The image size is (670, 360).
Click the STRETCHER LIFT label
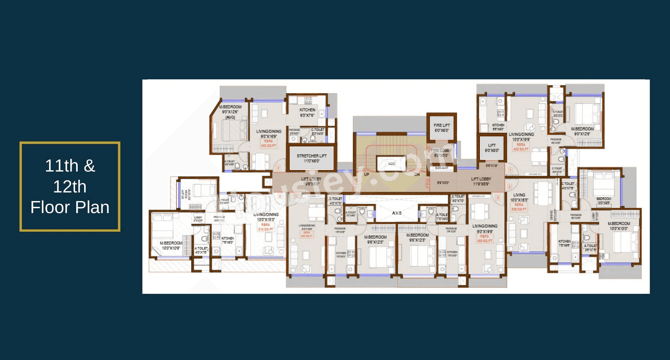(312, 158)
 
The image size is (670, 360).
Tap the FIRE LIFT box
(441, 128)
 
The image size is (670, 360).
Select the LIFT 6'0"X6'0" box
(492, 148)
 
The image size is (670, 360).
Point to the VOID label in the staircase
(391, 164)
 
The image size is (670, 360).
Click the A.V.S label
(397, 213)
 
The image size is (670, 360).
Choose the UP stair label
(367, 174)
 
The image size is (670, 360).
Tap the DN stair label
(417, 174)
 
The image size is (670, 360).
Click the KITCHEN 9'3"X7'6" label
(307, 112)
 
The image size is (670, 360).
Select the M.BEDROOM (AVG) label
(230, 112)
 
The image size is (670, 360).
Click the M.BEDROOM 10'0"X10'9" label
(171, 245)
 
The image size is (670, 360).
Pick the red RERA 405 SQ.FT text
(268, 143)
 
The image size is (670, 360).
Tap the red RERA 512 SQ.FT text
(265, 227)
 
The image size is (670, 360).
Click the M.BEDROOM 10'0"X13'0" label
(619, 226)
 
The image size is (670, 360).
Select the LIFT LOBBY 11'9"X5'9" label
(481, 181)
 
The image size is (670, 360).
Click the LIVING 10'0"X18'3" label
(519, 197)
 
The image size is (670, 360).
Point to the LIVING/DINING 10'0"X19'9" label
(521, 137)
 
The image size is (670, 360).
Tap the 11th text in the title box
(62, 166)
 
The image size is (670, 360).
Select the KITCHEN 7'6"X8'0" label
(228, 240)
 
